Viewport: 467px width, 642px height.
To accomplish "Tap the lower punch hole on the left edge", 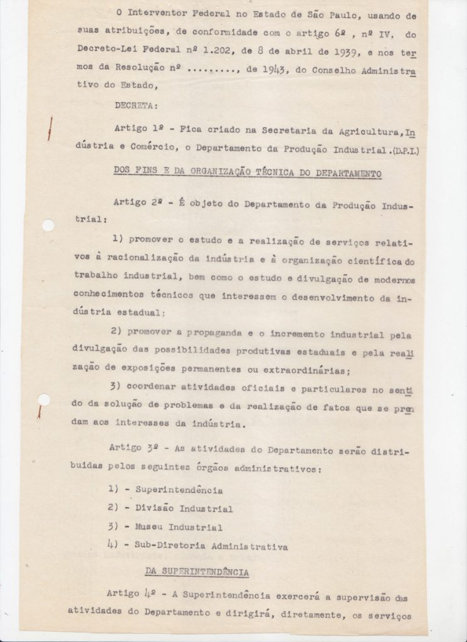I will (x=43, y=400).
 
